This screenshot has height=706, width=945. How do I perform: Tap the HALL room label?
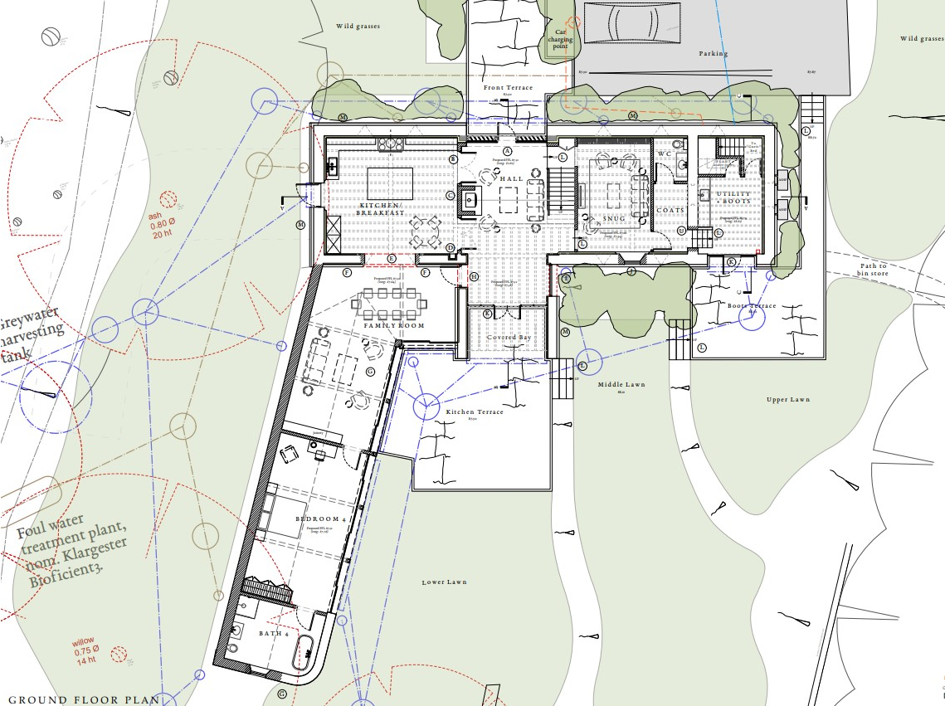(x=509, y=178)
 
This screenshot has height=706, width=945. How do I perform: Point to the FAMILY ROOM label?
(x=393, y=325)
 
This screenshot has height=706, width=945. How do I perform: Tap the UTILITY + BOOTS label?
(x=733, y=197)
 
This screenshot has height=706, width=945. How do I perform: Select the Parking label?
(x=714, y=53)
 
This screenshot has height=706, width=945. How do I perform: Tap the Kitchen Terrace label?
(x=475, y=411)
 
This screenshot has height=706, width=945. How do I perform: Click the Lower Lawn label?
(x=444, y=582)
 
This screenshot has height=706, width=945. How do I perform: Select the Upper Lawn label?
(x=787, y=399)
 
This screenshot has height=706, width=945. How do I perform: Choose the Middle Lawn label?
(x=621, y=385)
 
